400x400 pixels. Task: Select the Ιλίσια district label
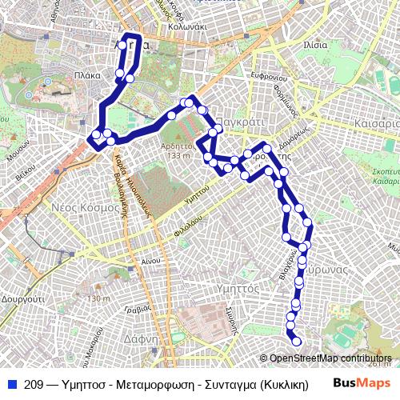click(315, 45)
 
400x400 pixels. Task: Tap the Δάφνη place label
click(140, 338)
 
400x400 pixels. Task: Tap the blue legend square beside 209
click(12, 385)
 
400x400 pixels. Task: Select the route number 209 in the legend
click(34, 385)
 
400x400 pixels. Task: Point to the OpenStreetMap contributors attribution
click(330, 358)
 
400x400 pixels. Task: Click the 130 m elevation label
click(98, 298)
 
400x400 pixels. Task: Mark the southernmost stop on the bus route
click(297, 342)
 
